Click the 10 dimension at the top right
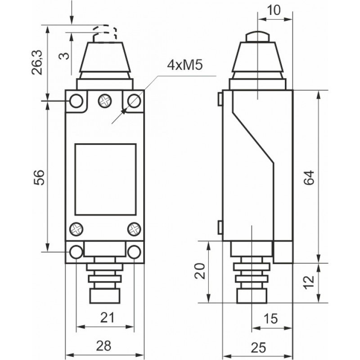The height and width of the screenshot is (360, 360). point(274,10)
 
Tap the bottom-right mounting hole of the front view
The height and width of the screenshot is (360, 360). point(134,252)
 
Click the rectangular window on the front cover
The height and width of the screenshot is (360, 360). point(105,179)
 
